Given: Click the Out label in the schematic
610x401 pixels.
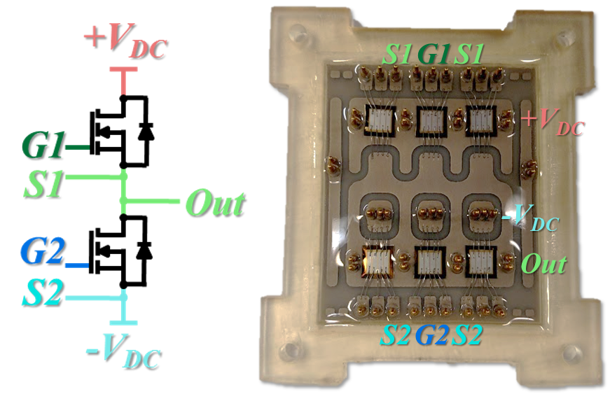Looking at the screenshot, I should (215, 204).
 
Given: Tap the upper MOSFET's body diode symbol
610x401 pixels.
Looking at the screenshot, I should (145, 132).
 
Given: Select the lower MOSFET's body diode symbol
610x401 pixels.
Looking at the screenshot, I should (145, 250).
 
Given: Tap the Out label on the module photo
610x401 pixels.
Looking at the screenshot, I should (545, 265).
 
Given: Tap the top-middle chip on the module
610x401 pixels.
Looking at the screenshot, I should (432, 121).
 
